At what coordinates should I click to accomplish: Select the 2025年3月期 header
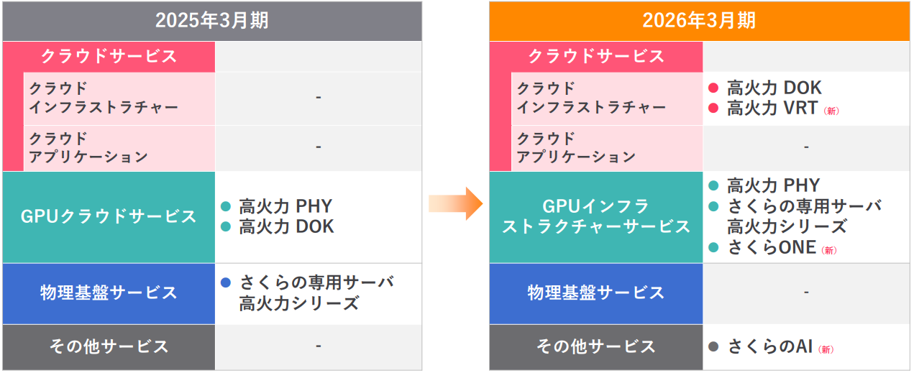pos(211,20)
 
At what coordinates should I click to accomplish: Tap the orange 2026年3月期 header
pos(699,20)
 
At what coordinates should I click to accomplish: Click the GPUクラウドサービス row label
pos(109,216)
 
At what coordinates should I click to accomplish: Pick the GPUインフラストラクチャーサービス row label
pos(596,216)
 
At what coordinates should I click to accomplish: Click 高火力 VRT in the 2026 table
pos(772,109)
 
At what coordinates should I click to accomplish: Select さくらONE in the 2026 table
pos(772,248)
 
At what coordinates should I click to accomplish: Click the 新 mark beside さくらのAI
pos(826,349)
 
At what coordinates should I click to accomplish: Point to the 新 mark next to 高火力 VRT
pos(831,111)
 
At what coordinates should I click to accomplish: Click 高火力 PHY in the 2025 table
pos(286,207)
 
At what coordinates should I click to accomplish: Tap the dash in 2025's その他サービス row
pos(318,346)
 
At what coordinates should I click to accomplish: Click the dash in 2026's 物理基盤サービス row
pos(806,293)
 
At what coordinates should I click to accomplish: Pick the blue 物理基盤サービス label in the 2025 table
pos(109,293)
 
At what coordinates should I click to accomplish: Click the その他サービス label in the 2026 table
pos(596,346)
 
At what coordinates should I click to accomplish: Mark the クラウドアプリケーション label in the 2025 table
pos(88,147)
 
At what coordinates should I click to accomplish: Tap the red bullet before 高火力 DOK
pos(713,88)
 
